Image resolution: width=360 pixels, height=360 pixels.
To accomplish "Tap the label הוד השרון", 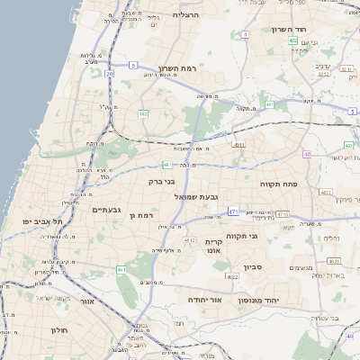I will tap(289, 29).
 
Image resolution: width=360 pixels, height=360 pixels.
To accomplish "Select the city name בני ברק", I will tap(138, 182).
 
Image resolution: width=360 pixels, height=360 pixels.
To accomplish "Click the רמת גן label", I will tap(142, 215).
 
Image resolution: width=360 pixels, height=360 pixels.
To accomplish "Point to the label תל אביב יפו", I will tap(44, 220).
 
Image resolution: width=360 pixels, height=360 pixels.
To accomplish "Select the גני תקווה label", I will tap(244, 236).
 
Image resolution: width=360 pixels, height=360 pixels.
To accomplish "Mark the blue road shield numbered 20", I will tap(109, 73).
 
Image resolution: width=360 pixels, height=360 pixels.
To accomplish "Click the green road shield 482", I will tap(143, 113).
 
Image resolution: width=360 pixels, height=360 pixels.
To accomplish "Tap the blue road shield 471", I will tap(233, 211).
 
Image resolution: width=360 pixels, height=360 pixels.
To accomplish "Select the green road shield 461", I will tap(121, 269).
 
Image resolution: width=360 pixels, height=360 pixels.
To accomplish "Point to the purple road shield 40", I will tap(307, 154).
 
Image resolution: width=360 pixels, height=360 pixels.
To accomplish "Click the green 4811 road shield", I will tap(238, 144).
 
